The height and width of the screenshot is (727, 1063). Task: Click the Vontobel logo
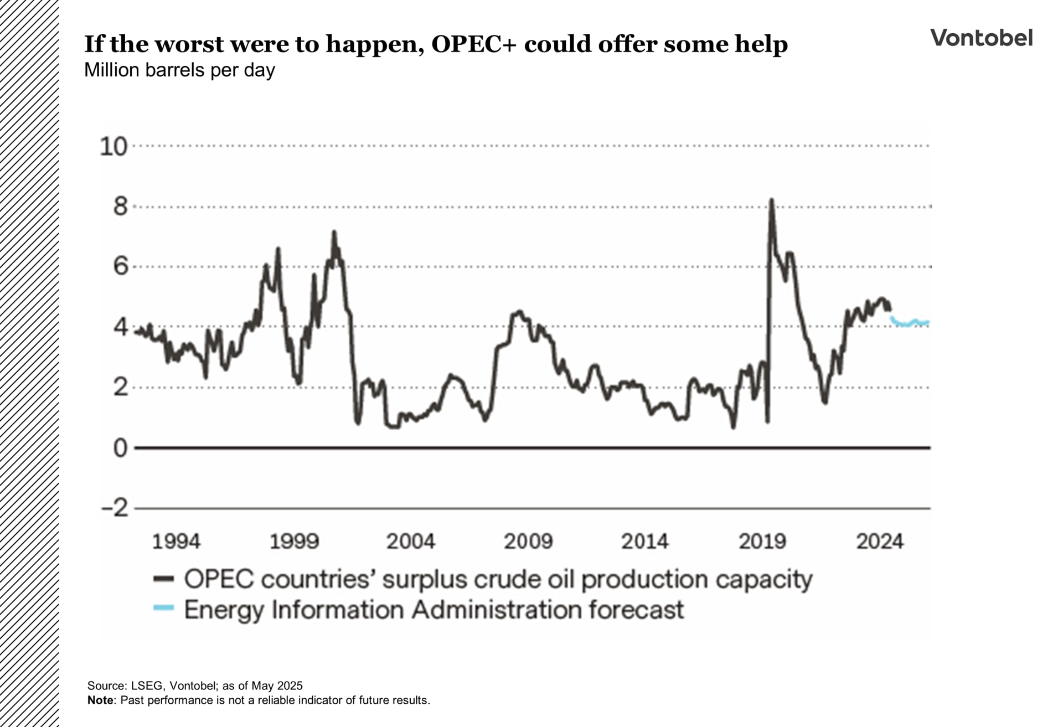pyautogui.click(x=981, y=38)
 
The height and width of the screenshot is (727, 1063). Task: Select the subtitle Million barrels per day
pyautogui.click(x=179, y=70)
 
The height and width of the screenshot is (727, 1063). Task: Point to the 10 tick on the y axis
pyautogui.click(x=113, y=147)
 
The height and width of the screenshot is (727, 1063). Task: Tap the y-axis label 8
pyautogui.click(x=120, y=207)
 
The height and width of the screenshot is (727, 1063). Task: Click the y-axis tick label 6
pyautogui.click(x=120, y=267)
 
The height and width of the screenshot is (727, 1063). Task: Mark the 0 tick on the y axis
pyautogui.click(x=120, y=448)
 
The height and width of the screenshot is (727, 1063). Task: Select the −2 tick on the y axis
pyautogui.click(x=115, y=508)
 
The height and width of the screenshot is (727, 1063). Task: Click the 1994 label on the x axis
pyautogui.click(x=176, y=542)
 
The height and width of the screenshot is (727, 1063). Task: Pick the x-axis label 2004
pyautogui.click(x=410, y=542)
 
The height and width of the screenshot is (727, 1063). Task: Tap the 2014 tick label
pyautogui.click(x=644, y=542)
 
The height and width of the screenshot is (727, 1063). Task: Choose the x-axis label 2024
pyautogui.click(x=879, y=542)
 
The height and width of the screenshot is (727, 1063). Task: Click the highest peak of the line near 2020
pyautogui.click(x=771, y=201)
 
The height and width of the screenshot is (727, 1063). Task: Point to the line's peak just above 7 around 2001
pyautogui.click(x=334, y=233)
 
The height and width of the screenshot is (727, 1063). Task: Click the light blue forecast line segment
pyautogui.click(x=909, y=323)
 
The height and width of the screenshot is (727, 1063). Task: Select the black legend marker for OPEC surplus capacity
pyautogui.click(x=164, y=579)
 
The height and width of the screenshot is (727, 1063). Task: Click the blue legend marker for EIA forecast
pyautogui.click(x=164, y=608)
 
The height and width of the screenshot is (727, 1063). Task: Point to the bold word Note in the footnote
pyautogui.click(x=100, y=700)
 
